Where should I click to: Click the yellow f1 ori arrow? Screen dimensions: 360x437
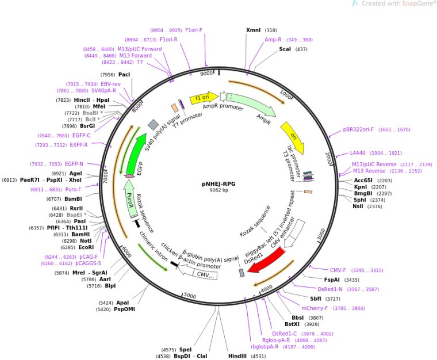pyautogui.click(x=204, y=98)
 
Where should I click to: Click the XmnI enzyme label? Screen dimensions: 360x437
pyautogui.click(x=253, y=30)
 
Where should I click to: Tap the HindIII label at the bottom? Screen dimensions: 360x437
pyautogui.click(x=238, y=356)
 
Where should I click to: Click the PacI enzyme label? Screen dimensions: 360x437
pyautogui.click(x=124, y=75)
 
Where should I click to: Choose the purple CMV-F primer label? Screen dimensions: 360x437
pyautogui.click(x=338, y=270)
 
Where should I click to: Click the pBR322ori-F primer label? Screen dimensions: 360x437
pyautogui.click(x=358, y=129)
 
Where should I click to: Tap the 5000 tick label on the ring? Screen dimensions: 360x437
pyautogui.click(x=190, y=296)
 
